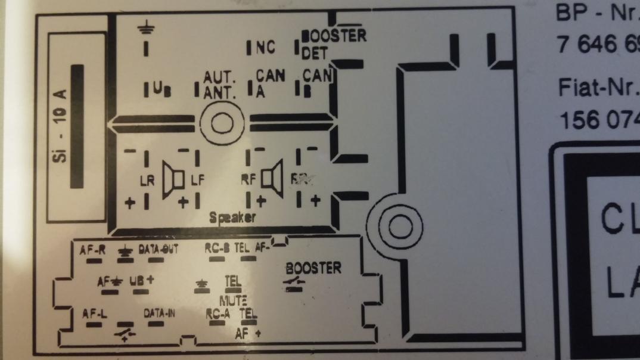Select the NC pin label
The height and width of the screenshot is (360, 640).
(265, 48)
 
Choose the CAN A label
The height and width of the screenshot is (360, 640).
(269, 82)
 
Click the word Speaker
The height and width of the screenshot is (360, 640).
(233, 218)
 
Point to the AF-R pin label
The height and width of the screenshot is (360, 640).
(92, 249)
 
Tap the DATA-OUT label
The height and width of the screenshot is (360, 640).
(158, 249)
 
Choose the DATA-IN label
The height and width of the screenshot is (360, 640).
(159, 312)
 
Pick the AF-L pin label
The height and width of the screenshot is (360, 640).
(93, 313)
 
